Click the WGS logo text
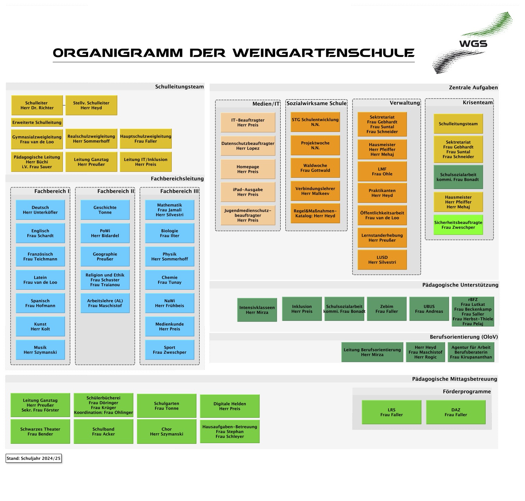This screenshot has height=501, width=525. tap(473, 43)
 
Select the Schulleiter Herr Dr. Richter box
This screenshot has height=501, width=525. tap(37, 105)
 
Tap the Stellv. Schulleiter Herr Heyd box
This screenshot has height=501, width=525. tap(91, 105)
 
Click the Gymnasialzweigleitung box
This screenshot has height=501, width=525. tap(37, 139)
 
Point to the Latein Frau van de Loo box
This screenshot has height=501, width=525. tap(40, 280)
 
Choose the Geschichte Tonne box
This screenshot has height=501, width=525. tap(105, 210)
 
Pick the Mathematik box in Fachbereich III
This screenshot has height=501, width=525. tap(170, 210)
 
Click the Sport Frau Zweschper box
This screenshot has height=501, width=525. tap(170, 350)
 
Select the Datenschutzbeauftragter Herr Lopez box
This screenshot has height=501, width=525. tap(248, 146)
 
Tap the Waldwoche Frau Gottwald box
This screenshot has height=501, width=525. tap(315, 168)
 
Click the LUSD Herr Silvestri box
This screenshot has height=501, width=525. tap(382, 260)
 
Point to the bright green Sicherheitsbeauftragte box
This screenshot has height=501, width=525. tap(458, 225)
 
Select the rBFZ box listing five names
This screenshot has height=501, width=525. tap(473, 311)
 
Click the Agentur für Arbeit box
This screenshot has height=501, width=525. tap(471, 352)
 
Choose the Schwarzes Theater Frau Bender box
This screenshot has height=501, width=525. tap(40, 431)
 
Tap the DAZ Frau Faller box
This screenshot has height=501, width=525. tap(456, 412)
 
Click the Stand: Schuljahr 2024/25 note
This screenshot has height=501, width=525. tap(34, 458)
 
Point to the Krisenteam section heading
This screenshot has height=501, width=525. tap(478, 102)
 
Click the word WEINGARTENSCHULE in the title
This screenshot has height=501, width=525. tap(324, 53)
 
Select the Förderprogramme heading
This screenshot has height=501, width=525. tap(467, 391)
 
